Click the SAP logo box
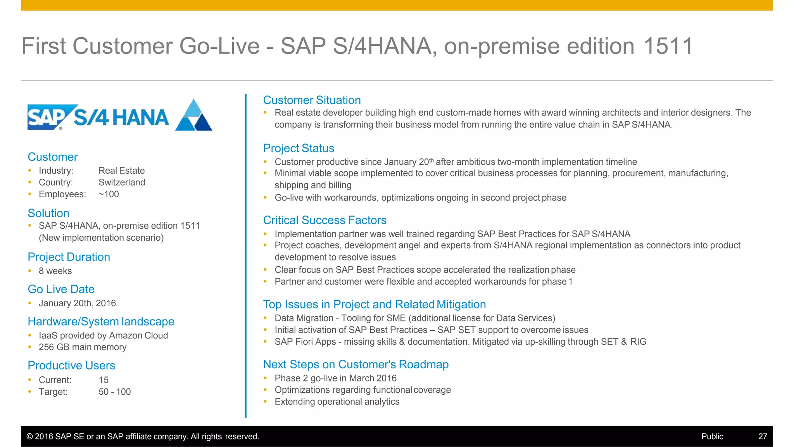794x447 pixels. (x=48, y=117)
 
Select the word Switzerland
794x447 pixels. (x=122, y=182)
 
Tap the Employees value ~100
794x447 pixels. (x=109, y=194)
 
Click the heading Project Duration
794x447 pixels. (x=69, y=257)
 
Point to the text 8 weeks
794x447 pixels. (x=55, y=271)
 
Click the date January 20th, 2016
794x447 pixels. (x=77, y=303)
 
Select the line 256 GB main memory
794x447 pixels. (x=82, y=347)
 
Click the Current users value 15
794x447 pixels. (x=104, y=380)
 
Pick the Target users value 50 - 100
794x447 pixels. (x=114, y=392)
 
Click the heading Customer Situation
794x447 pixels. (x=312, y=100)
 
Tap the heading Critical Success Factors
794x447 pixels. (x=325, y=220)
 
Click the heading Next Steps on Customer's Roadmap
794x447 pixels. (x=356, y=364)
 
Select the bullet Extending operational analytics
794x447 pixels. (x=337, y=402)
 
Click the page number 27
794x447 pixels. (x=762, y=437)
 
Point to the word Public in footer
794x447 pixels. (x=712, y=437)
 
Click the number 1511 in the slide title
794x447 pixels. (x=668, y=46)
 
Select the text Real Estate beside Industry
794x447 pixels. (x=121, y=171)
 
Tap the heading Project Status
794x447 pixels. (x=299, y=148)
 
